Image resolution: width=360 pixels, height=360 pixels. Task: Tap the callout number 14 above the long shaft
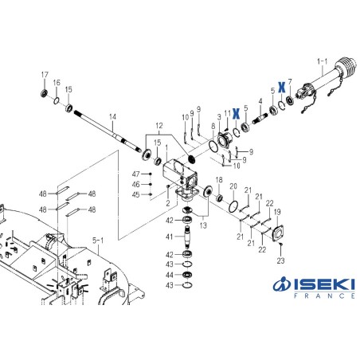click(x=112, y=117)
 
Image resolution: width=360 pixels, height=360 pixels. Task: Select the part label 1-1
click(x=322, y=60)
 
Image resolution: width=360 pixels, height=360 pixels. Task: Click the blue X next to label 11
click(x=235, y=113)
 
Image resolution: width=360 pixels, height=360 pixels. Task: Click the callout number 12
click(x=158, y=125)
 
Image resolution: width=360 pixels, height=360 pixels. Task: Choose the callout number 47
click(x=135, y=174)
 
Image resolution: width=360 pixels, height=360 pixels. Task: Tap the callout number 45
click(x=135, y=194)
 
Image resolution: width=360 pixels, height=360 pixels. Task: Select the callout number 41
click(x=169, y=237)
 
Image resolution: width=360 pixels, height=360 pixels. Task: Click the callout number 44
click(x=169, y=274)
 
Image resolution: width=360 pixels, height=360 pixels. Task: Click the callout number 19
click(x=277, y=213)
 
